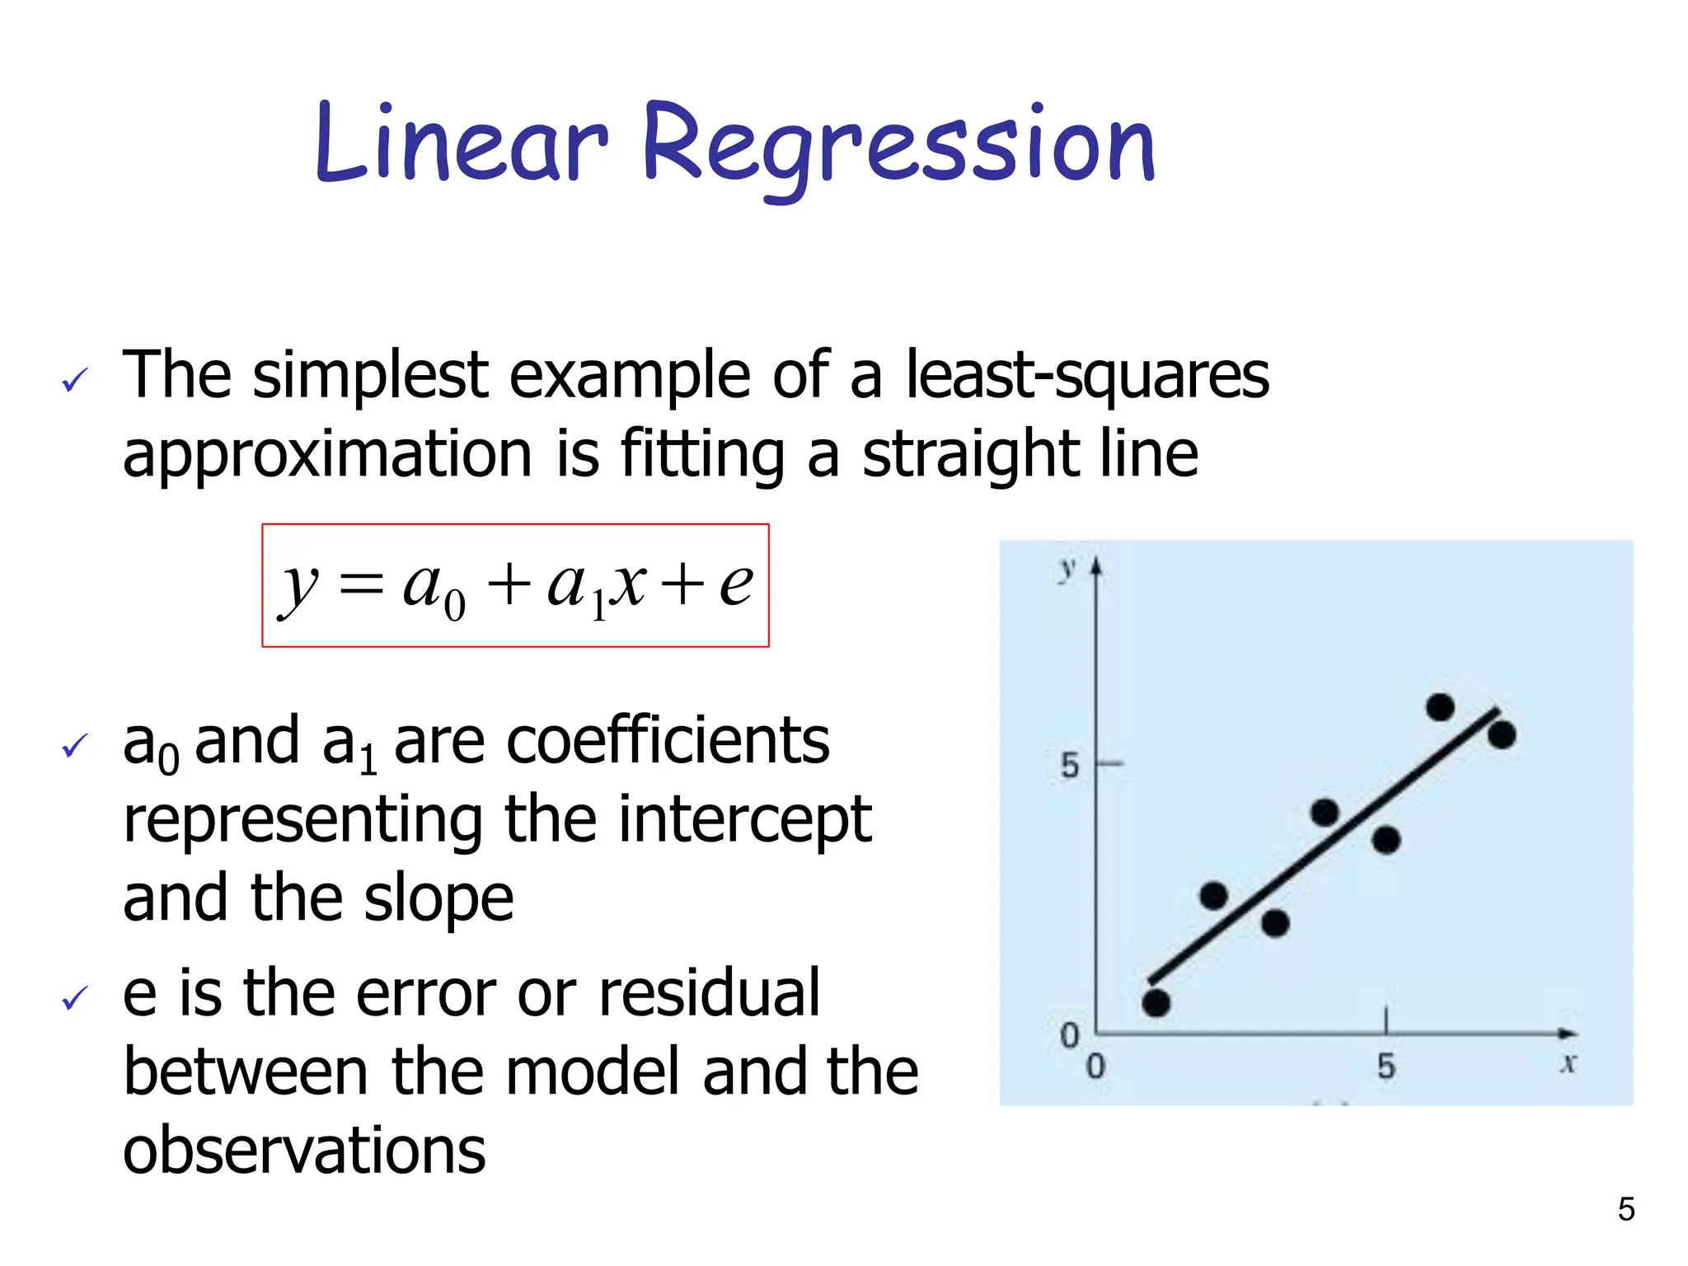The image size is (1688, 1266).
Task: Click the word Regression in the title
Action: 898,148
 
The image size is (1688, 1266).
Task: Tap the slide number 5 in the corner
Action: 1625,1209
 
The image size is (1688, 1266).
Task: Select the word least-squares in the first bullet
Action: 1086,376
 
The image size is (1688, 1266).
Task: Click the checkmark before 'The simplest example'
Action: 74,380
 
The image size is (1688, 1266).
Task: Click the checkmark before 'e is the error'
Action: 74,998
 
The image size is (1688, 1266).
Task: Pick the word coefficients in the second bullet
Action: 668,741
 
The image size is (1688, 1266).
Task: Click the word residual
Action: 709,993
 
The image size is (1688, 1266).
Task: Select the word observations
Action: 304,1151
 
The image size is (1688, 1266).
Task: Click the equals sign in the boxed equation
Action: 361,587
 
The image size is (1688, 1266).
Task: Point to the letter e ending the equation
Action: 735,584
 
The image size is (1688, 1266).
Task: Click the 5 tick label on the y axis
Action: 1069,766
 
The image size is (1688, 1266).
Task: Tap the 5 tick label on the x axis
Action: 1386,1067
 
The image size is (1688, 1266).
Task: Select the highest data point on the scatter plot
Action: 1440,707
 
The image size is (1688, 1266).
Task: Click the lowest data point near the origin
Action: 1156,1003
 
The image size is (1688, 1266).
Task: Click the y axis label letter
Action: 1068,568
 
